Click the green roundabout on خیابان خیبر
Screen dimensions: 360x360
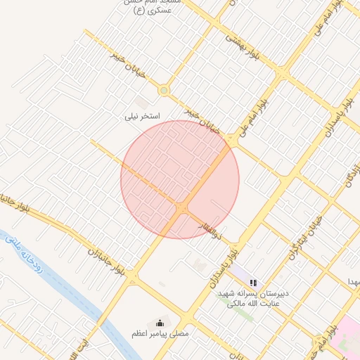[164, 90]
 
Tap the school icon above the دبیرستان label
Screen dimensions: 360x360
[253, 283]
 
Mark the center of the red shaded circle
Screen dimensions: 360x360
[180, 179]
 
